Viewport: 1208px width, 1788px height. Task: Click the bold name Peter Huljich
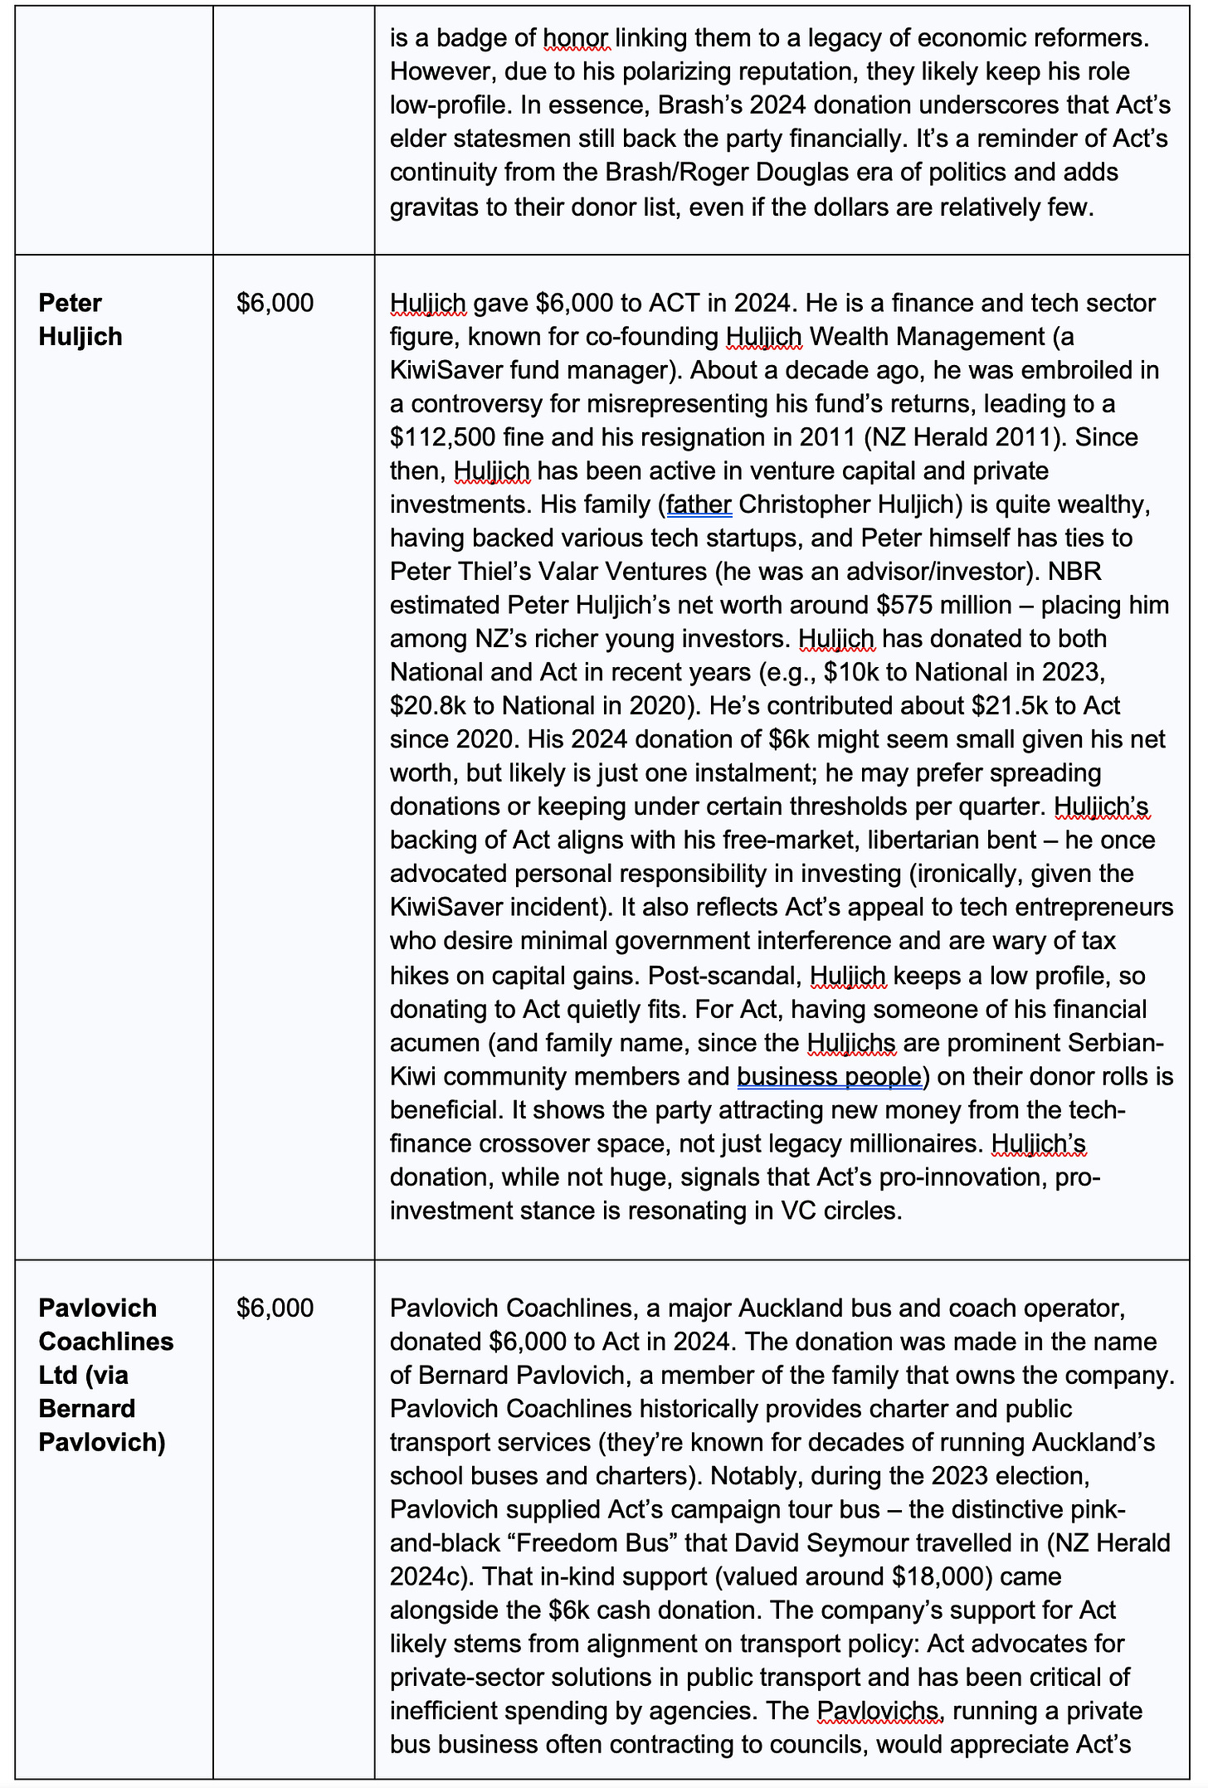80,319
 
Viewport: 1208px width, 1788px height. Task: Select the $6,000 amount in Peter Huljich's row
275,303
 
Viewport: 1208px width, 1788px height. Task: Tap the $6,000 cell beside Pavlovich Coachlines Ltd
275,1308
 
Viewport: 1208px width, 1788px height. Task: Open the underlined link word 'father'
699,504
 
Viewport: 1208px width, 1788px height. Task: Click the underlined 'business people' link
829,1076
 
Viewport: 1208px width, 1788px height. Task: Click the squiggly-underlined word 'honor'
576,38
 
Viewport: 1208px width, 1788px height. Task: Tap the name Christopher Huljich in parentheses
856,504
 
